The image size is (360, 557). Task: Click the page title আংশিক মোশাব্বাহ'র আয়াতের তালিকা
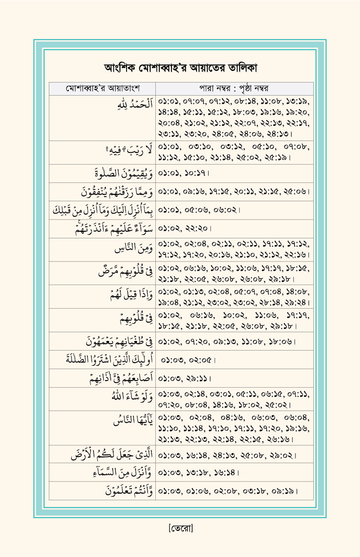pos(180,68)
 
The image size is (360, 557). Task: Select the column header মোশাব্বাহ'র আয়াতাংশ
pos(102,88)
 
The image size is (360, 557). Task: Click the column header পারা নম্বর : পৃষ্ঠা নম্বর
pos(233,88)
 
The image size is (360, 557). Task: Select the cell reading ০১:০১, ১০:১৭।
pos(184,174)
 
